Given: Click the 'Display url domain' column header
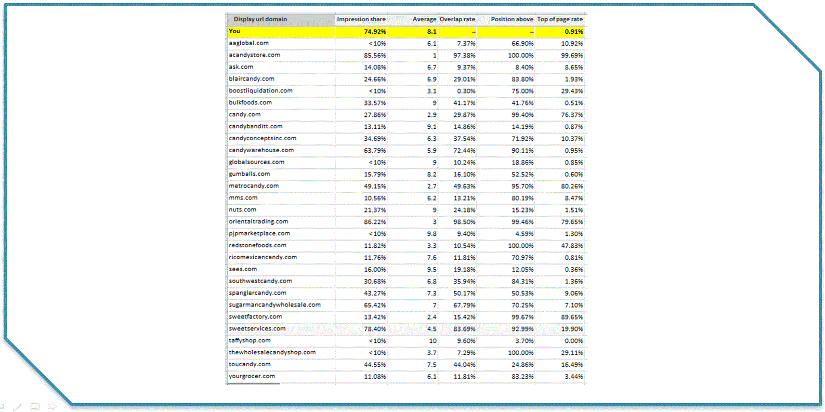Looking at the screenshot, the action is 260,19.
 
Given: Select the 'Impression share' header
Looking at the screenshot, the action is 361,19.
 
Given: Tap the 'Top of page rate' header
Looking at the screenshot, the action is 560,19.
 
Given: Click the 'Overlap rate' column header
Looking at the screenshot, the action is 457,19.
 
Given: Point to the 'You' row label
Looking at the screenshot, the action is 234,31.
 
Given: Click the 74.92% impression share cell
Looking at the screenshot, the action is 375,32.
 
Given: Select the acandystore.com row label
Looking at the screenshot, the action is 255,55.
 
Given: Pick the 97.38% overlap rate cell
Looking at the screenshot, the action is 464,55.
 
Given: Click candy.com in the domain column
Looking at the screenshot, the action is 244,114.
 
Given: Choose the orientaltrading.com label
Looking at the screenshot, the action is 258,222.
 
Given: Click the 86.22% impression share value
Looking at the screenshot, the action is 375,222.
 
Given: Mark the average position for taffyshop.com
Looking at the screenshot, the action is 433,341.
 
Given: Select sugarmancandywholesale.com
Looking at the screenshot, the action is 275,305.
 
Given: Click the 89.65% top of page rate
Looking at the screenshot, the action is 572,317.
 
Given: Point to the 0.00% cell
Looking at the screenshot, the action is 574,341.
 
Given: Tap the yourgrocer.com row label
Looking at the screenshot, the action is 252,376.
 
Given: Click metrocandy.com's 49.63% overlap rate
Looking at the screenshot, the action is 464,187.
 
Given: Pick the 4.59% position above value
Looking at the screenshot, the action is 524,234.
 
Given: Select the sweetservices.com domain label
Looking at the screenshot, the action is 257,329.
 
